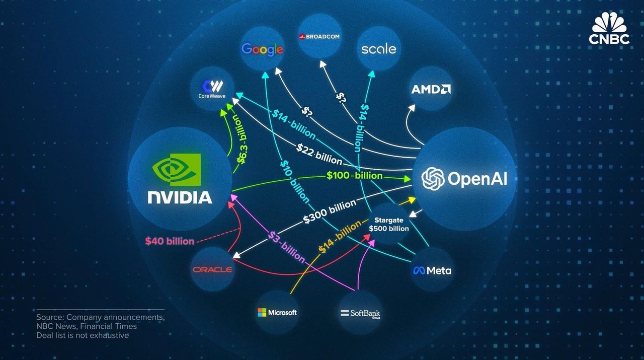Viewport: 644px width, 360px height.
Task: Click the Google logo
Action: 262,49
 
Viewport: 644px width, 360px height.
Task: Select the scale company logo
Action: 378,49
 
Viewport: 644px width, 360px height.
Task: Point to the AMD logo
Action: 431,89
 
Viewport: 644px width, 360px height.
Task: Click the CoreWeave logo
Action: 211,89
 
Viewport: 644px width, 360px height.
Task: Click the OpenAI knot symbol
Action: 432,179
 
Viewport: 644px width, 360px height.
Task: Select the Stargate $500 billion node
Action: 388,225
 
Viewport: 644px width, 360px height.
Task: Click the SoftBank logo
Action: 360,314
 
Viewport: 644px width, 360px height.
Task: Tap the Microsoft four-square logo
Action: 262,312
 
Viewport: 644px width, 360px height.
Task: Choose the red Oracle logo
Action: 212,269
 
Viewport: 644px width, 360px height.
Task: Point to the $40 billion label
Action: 170,241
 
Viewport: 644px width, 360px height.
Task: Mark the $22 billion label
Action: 319,155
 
